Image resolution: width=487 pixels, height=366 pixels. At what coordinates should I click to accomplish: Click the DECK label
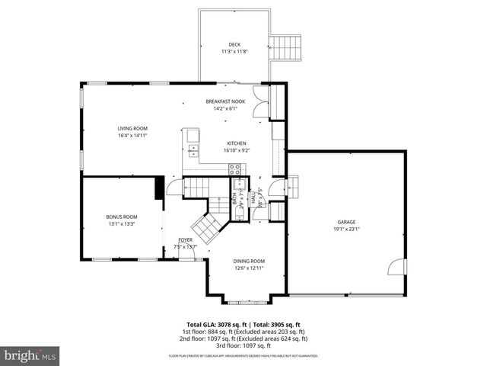point(235,44)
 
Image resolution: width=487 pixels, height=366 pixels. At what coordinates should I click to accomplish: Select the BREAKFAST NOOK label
point(226,101)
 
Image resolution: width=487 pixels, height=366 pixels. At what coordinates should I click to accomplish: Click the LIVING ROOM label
point(132,128)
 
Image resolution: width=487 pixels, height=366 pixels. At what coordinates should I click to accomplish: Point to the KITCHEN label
point(237,143)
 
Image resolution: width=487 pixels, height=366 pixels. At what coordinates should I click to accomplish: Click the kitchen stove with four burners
point(235,169)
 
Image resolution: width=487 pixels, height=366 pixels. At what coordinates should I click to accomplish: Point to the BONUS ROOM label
point(122,217)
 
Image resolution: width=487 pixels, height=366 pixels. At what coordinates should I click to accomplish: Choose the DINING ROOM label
point(249,261)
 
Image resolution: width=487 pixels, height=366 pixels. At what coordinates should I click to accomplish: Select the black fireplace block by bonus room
point(160,188)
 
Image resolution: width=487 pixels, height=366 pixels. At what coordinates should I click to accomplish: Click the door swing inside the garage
point(395,266)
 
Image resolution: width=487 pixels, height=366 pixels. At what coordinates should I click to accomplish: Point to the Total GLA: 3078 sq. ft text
point(215,324)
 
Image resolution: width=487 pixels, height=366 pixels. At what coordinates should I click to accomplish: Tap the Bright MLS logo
point(30,355)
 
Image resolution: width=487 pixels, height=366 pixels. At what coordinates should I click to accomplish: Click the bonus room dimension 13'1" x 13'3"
point(122,223)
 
